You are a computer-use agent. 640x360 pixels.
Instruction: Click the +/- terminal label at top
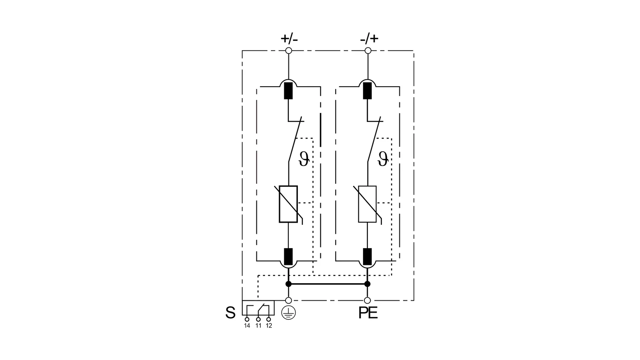[x=289, y=38]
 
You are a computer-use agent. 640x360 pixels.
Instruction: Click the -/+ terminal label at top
[x=369, y=38]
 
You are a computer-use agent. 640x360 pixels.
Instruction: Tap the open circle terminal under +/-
[x=288, y=51]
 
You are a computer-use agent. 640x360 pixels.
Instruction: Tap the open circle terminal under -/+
[x=368, y=51]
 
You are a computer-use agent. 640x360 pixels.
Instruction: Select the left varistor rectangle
[x=288, y=204]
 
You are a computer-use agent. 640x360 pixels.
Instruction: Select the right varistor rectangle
[x=367, y=204]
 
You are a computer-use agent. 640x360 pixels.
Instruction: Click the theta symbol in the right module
[x=383, y=159]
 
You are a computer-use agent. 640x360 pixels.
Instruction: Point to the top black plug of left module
[x=288, y=90]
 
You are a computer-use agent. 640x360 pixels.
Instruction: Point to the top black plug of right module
[x=367, y=90]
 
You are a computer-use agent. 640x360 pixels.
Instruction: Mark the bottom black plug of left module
[x=288, y=256]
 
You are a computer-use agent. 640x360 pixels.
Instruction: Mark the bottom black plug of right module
[x=367, y=256]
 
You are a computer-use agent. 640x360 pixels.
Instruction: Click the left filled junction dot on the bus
[x=288, y=284]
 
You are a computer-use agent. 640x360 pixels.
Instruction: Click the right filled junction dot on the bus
[x=367, y=284]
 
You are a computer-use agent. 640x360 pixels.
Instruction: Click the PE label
[x=368, y=314]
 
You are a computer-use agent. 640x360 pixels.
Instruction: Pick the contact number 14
[x=247, y=326]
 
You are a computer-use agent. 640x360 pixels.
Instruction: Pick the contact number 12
[x=269, y=326]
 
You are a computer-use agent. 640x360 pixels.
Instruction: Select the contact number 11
[x=258, y=326]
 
